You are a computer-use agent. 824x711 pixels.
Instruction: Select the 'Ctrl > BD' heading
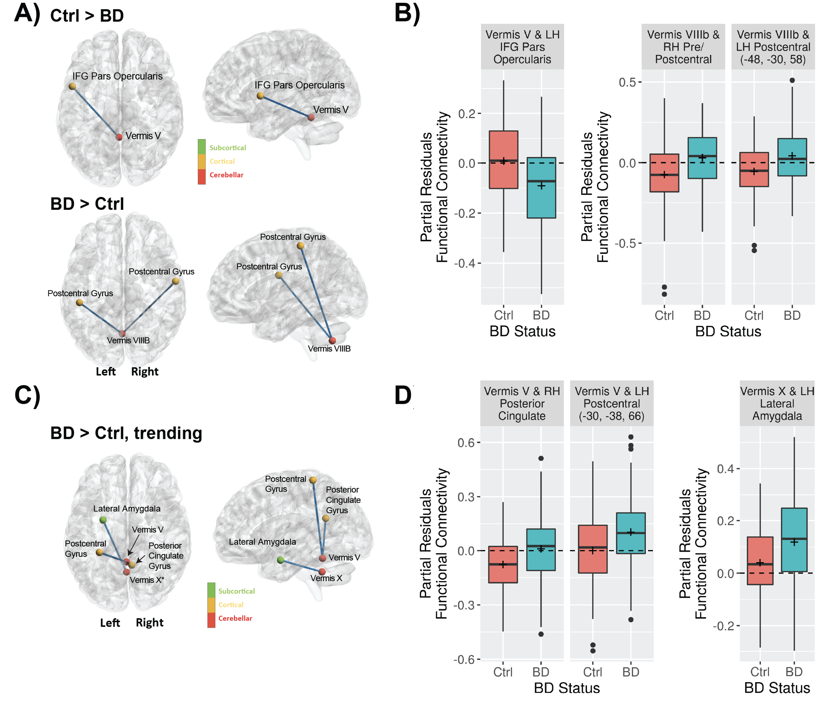click(86, 16)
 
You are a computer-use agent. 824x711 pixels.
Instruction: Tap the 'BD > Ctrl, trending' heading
click(126, 433)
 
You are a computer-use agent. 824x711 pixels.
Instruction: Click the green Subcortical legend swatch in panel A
click(201, 147)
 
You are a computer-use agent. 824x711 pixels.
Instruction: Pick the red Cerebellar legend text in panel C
click(235, 618)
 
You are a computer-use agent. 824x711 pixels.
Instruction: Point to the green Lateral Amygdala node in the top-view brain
click(103, 520)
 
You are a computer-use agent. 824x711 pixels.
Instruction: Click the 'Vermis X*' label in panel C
click(147, 580)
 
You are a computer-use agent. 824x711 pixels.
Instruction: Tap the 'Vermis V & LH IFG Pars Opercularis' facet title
click(522, 47)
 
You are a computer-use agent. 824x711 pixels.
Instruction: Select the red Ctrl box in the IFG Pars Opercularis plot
click(503, 159)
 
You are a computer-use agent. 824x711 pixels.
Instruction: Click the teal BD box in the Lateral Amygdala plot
click(794, 540)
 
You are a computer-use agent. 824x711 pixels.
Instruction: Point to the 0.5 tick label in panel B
click(627, 82)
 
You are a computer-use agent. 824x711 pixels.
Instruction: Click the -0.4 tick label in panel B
click(466, 263)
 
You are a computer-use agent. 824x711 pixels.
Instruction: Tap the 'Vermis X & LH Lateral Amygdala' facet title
click(777, 404)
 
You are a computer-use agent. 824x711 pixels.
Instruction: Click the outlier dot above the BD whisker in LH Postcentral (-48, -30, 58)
click(792, 80)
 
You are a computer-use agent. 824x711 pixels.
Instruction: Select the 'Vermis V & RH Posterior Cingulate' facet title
click(522, 404)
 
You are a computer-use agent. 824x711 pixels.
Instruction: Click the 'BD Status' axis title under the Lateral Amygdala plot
click(777, 688)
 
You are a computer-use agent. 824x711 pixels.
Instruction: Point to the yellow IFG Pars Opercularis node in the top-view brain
click(72, 86)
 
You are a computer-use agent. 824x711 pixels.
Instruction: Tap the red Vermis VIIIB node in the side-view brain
click(332, 340)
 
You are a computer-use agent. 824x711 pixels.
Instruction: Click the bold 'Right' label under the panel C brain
click(149, 623)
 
